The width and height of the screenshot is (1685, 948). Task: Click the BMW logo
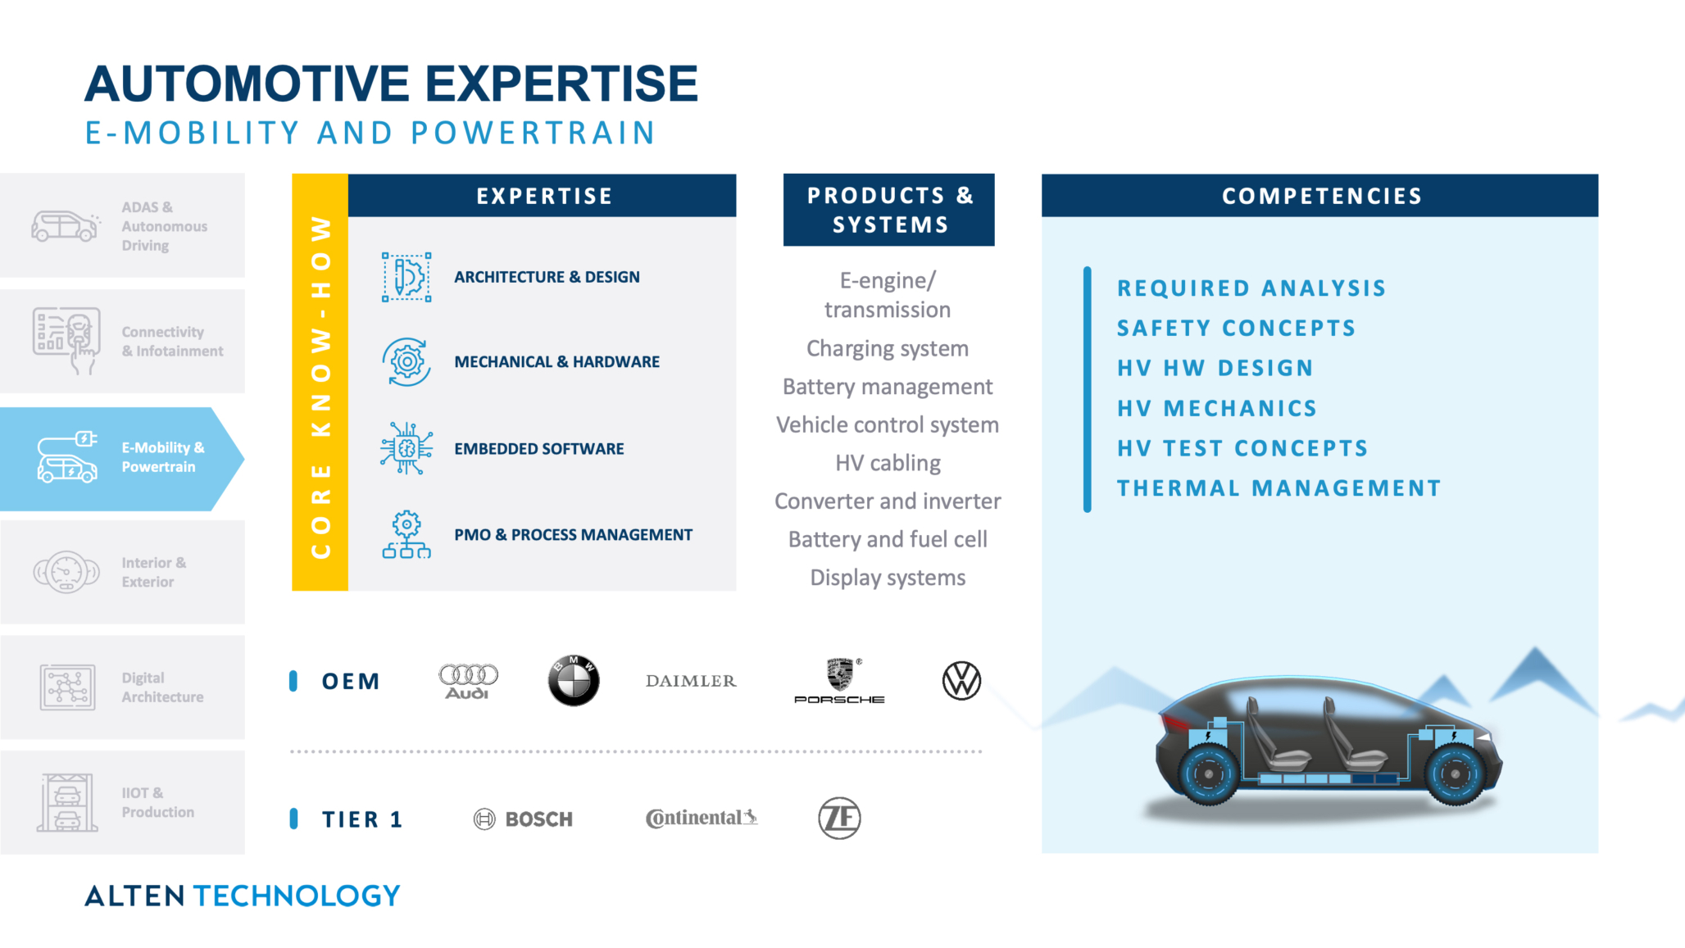574,681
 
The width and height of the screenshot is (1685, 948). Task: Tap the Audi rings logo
468,680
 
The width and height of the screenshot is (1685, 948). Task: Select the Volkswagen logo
961,681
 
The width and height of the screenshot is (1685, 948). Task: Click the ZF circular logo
839,818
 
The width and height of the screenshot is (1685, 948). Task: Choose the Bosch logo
524,819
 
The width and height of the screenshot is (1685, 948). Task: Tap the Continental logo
702,818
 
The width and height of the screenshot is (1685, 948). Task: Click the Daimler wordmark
691,681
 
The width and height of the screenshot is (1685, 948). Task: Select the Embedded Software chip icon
406,448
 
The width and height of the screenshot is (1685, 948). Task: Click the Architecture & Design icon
406,277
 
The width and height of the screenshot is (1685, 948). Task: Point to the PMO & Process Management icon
406,534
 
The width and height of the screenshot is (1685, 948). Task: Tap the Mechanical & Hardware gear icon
406,361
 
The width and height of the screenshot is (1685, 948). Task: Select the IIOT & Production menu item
122,802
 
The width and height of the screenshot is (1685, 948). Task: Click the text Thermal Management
1279,488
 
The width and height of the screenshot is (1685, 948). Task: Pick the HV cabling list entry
888,463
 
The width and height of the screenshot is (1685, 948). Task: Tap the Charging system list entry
888,348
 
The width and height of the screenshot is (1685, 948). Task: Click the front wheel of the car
1456,773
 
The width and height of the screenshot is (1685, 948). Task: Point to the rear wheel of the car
1208,773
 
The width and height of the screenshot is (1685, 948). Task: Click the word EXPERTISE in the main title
561,84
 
